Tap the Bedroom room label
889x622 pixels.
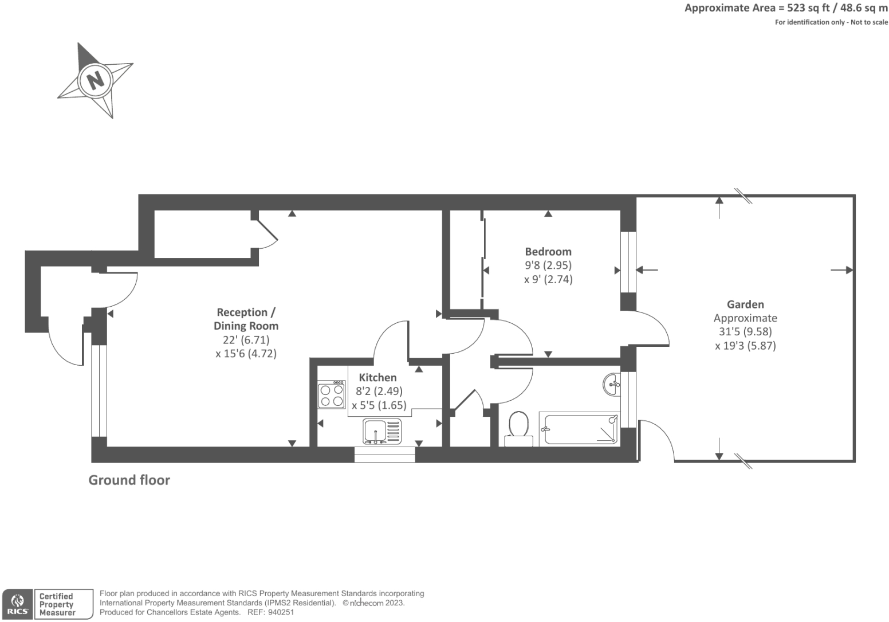coord(548,252)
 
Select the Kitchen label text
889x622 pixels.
coord(377,378)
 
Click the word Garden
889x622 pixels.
coord(745,304)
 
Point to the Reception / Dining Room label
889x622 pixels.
coord(246,319)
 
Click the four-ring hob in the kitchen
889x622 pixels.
coord(332,394)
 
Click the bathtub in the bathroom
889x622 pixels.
coord(580,429)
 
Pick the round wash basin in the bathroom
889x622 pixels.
coord(612,384)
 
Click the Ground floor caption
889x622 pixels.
coord(129,480)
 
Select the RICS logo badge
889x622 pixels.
coord(18,604)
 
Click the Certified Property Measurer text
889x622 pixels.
coord(57,604)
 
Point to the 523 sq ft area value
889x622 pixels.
coord(808,8)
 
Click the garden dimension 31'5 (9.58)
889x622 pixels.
coord(745,332)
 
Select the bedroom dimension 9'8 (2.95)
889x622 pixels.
coord(548,265)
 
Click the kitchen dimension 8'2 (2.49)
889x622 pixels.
coord(379,392)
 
